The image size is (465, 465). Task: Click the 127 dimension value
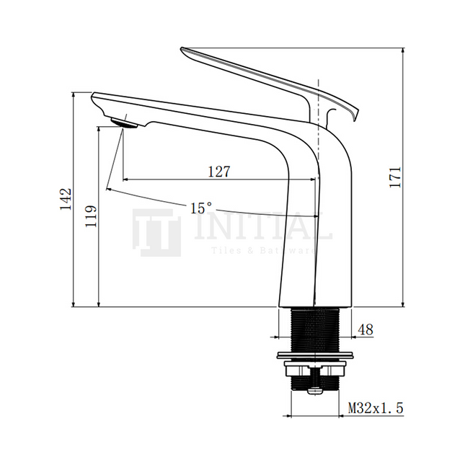(x=218, y=172)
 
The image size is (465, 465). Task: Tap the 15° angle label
(x=201, y=208)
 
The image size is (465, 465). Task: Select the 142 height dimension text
(x=66, y=199)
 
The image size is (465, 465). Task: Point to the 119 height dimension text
(x=90, y=216)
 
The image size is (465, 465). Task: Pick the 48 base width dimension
(x=366, y=329)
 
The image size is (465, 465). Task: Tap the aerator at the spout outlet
(x=125, y=122)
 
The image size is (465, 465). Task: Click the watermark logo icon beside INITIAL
(x=156, y=232)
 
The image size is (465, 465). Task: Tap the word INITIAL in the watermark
(x=263, y=229)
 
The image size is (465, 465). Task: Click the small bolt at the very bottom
(x=314, y=390)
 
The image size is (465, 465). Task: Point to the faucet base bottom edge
(x=314, y=306)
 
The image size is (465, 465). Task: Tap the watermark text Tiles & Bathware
(x=262, y=251)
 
